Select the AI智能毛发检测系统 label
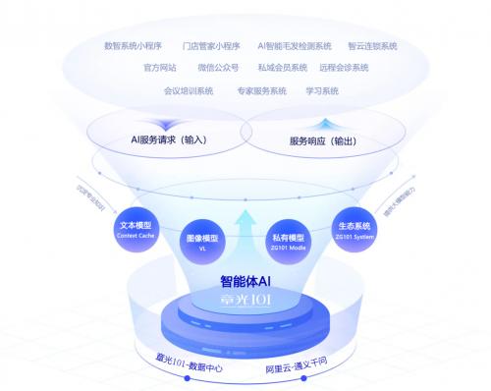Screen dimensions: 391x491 [295, 46]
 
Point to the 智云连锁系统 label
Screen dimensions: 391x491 [372, 46]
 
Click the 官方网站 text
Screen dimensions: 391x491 [160, 68]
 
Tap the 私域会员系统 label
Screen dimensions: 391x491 [282, 68]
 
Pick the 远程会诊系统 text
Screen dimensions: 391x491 [344, 68]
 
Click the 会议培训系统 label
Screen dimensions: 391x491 [189, 90]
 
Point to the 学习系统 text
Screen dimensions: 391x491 [322, 90]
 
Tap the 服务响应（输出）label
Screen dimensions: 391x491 [323, 140]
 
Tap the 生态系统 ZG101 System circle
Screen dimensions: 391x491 [352, 232]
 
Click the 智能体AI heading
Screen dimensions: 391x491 [245, 281]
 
